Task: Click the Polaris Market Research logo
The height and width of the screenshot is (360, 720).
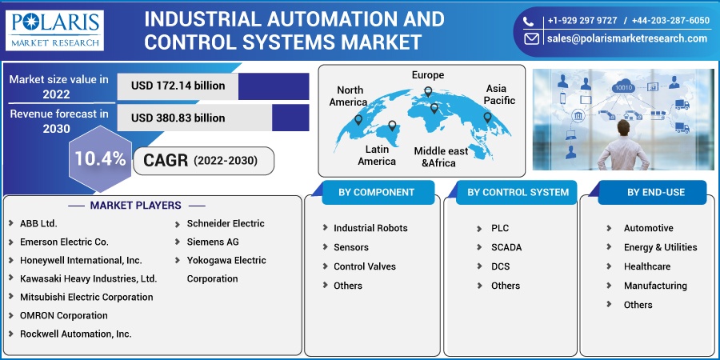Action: tap(54, 30)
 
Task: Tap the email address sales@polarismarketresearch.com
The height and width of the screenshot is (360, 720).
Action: tap(626, 38)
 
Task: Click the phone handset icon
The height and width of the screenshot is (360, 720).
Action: tap(529, 21)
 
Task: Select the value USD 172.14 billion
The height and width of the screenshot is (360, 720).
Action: tap(178, 86)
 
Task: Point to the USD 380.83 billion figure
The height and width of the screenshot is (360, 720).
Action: tap(178, 118)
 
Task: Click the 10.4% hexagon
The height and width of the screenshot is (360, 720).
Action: tap(100, 159)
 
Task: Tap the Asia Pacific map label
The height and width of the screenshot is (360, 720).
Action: tap(499, 94)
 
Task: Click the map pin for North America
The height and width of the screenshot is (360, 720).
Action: tap(358, 120)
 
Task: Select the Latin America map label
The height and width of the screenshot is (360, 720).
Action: tap(377, 155)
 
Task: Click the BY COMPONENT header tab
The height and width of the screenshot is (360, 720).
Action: tap(377, 192)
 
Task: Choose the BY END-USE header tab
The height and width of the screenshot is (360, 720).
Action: tap(656, 192)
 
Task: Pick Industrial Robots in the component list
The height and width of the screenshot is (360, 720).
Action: tap(370, 228)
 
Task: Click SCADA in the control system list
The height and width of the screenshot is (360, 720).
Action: tap(506, 247)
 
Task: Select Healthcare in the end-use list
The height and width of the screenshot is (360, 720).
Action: tap(647, 266)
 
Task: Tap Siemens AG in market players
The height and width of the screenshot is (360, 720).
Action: tap(213, 242)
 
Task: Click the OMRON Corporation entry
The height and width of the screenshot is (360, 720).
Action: tap(64, 315)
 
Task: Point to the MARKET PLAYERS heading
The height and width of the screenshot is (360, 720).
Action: tap(135, 206)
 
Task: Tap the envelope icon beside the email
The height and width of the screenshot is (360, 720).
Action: tap(531, 38)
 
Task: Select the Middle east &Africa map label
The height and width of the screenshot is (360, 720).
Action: tap(441, 157)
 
